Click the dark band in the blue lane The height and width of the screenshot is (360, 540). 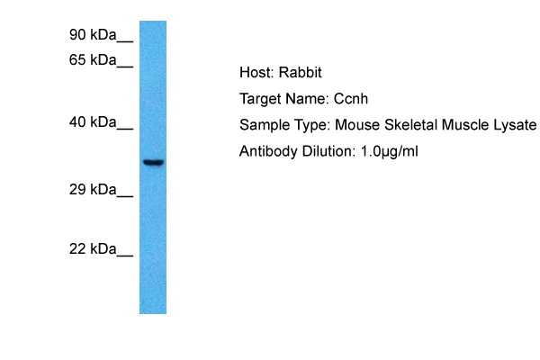(154, 162)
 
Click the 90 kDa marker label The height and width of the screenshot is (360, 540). (93, 35)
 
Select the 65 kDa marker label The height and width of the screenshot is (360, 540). (93, 60)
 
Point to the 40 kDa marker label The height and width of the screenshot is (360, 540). (93, 122)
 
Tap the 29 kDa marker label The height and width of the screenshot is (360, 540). (93, 190)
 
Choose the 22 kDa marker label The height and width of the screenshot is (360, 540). (93, 248)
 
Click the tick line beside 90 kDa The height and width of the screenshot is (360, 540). (125, 41)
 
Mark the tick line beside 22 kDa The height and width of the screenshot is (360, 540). (125, 256)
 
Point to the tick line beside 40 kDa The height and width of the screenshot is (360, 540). (125, 129)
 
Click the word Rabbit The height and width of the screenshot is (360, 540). (300, 72)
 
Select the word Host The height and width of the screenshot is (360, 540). (256, 72)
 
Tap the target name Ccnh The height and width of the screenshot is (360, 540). (351, 99)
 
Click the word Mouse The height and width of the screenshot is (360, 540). (357, 125)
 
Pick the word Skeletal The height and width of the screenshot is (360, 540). (411, 125)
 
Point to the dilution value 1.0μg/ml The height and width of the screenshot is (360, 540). (389, 151)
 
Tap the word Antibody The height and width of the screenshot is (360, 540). (268, 151)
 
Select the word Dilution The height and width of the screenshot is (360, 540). (328, 151)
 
